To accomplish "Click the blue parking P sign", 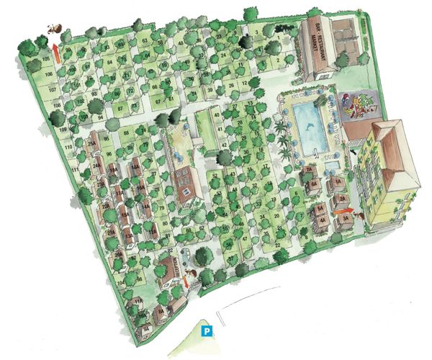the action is [x=207, y=332].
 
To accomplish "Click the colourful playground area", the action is [x=358, y=106].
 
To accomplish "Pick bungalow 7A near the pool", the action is [x=308, y=170].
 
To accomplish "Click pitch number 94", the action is [x=101, y=116].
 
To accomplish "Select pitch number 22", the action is [x=276, y=246].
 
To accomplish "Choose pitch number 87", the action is [x=120, y=106].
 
